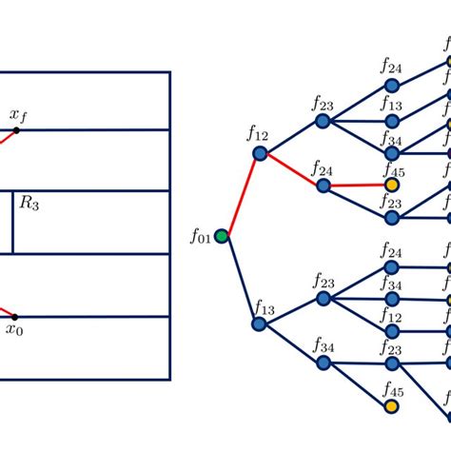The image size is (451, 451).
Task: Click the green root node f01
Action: pyautogui.click(x=222, y=234)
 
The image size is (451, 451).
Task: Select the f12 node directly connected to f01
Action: pyautogui.click(x=259, y=153)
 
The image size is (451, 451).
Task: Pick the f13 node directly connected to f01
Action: pyautogui.click(x=259, y=324)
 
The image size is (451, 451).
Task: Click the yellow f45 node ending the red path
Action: pyautogui.click(x=391, y=186)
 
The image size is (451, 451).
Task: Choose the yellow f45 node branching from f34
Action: pyautogui.click(x=391, y=406)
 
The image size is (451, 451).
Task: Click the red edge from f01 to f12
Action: pyautogui.click(x=240, y=194)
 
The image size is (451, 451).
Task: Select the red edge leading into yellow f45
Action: pyautogui.click(x=357, y=186)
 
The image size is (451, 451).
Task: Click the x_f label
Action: pyautogui.click(x=18, y=114)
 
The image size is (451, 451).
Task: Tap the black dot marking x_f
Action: pyautogui.click(x=16, y=129)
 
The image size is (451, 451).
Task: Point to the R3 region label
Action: pyautogui.click(x=29, y=203)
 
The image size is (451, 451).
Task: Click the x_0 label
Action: pyautogui.click(x=13, y=330)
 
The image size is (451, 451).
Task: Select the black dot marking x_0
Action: pyautogui.click(x=14, y=316)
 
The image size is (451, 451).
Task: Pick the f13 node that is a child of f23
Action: pyautogui.click(x=391, y=122)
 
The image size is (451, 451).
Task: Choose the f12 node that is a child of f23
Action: pyautogui.click(x=391, y=331)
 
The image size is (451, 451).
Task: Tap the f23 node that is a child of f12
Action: pyautogui.click(x=323, y=122)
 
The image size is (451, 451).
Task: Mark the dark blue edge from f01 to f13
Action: pyautogui.click(x=240, y=280)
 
